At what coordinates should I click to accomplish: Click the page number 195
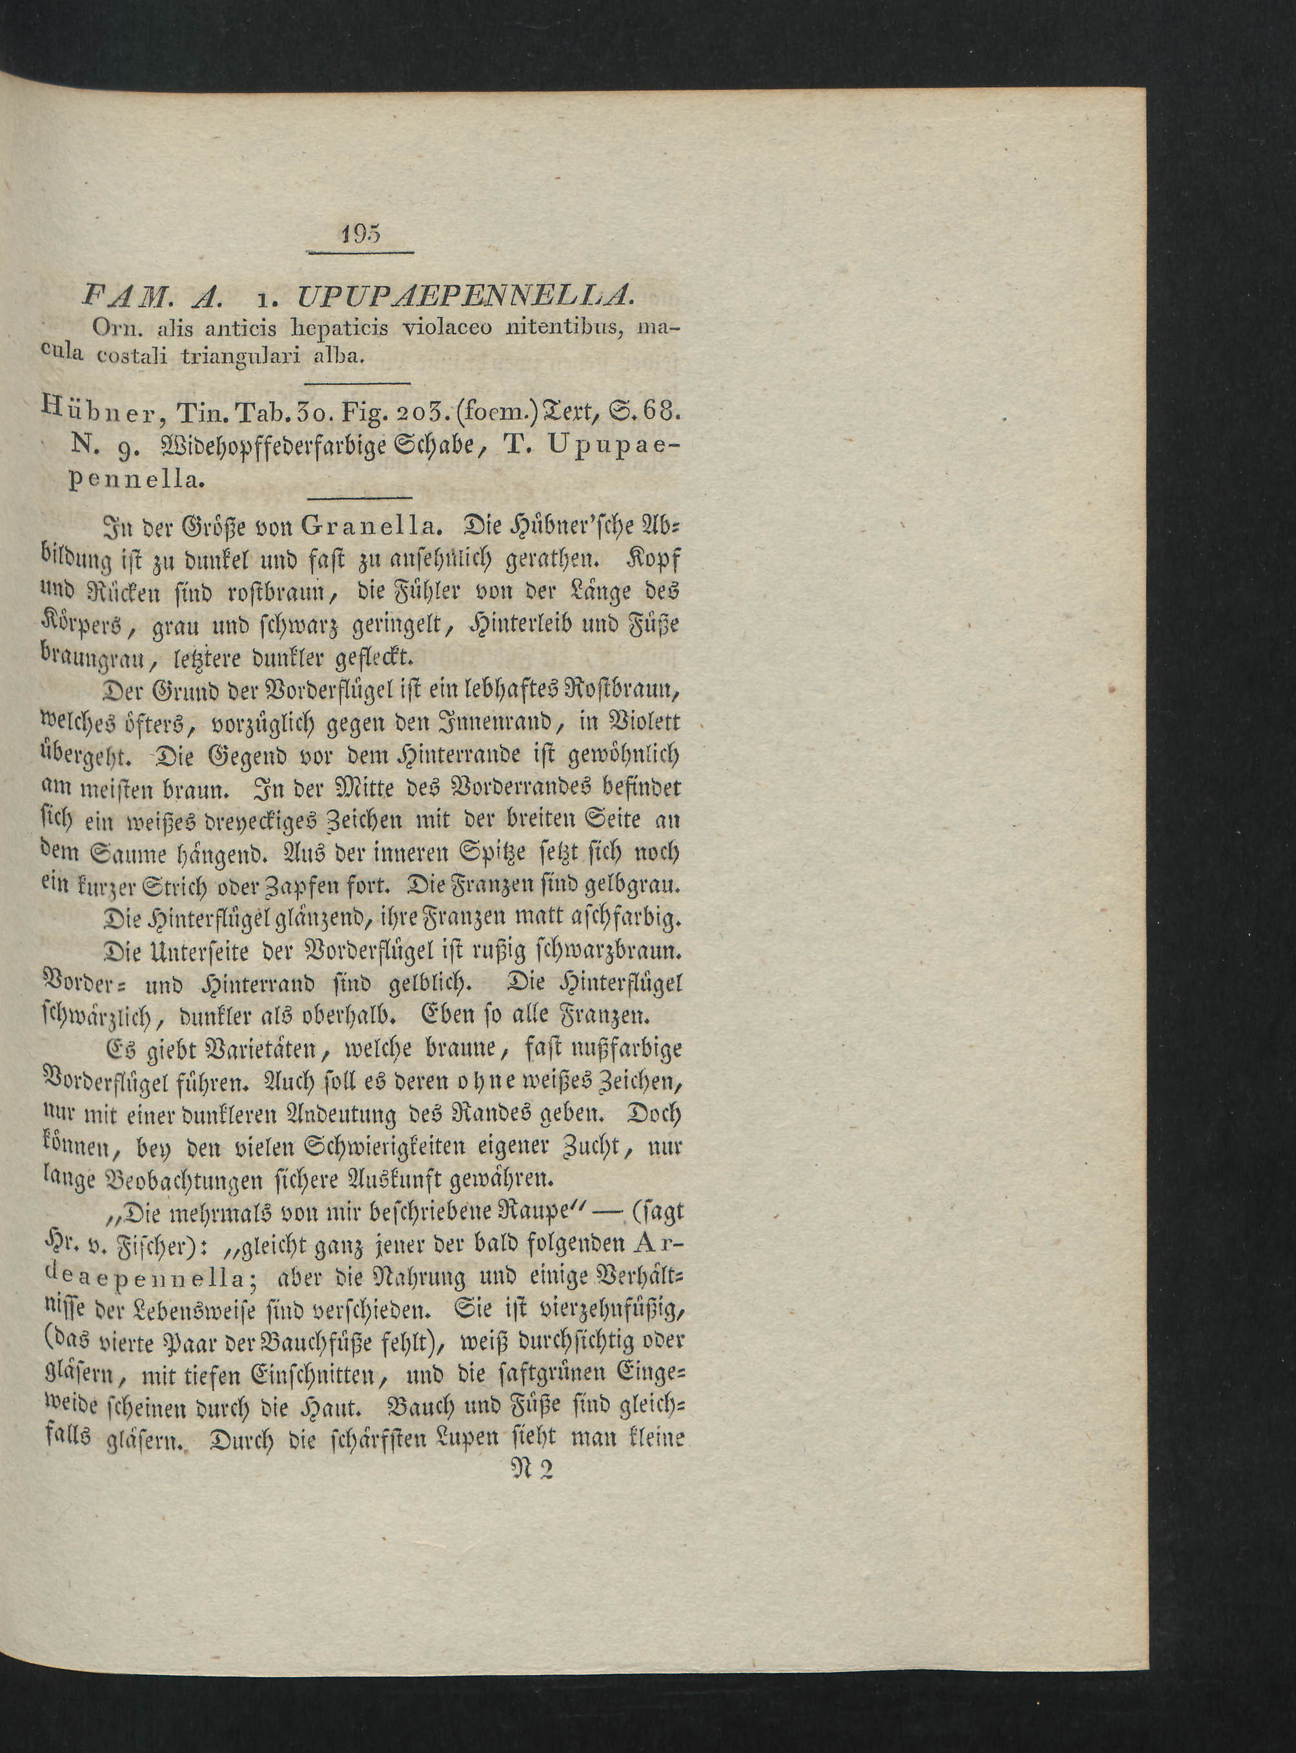pyautogui.click(x=360, y=234)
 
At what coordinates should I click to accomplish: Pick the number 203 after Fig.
pyautogui.click(x=421, y=410)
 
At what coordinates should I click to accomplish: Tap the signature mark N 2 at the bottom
pyautogui.click(x=532, y=1468)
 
